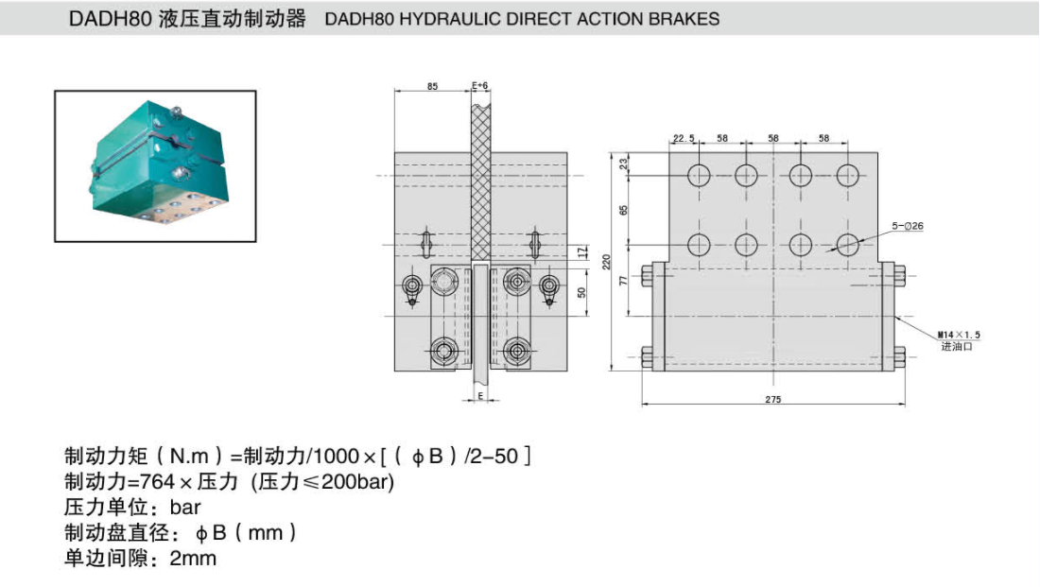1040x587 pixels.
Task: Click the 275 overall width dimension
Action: [x=773, y=399]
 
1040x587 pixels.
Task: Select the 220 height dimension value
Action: [x=607, y=258]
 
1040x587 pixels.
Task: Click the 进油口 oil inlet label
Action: [x=956, y=347]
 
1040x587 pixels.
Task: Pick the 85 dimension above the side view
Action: [x=432, y=86]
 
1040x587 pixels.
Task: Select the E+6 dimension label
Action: [x=480, y=86]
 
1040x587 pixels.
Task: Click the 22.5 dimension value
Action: [x=684, y=138]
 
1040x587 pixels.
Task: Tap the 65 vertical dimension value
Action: [x=624, y=209]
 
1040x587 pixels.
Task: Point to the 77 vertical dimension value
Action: [x=624, y=281]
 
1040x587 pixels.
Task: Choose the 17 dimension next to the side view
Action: [x=581, y=252]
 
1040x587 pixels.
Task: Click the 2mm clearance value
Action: [x=193, y=558]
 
